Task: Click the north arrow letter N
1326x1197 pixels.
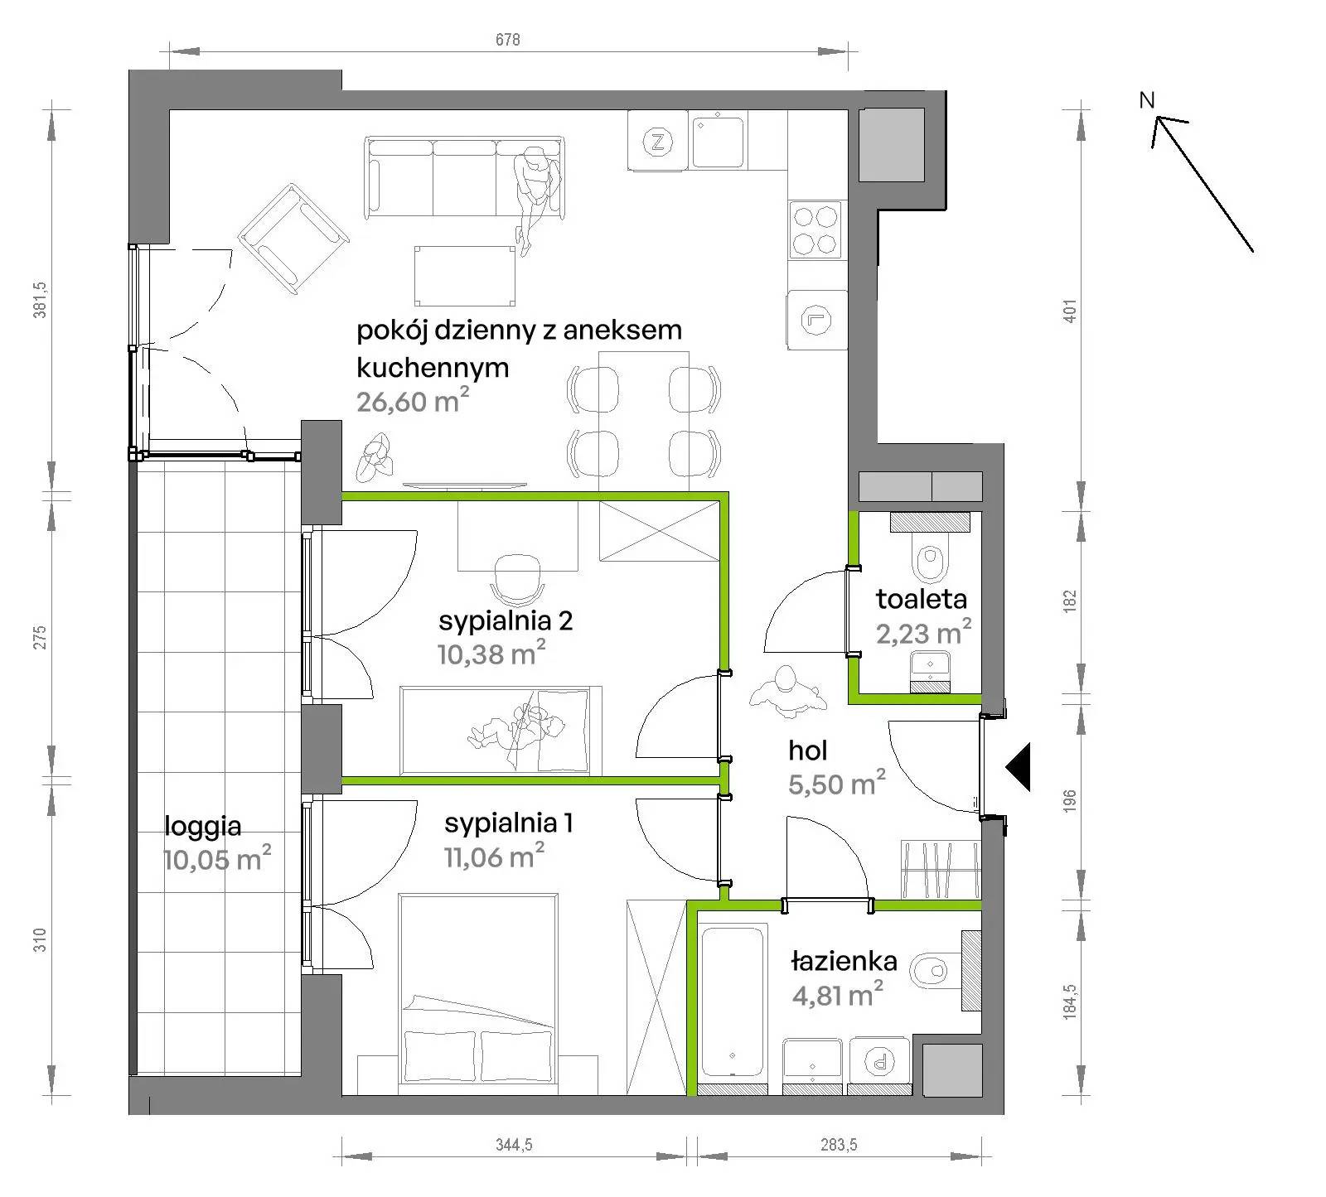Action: (x=1147, y=100)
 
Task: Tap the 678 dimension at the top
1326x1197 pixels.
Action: (x=508, y=40)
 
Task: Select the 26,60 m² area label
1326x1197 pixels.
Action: (x=413, y=401)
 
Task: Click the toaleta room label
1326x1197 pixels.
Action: (x=921, y=599)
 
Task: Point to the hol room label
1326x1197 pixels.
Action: (x=807, y=751)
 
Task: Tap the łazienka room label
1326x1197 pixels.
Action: (x=844, y=962)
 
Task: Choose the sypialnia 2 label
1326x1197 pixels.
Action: (x=506, y=620)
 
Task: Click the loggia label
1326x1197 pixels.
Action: (x=203, y=826)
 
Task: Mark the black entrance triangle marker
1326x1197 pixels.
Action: (x=1019, y=767)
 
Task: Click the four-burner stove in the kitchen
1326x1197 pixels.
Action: (x=815, y=229)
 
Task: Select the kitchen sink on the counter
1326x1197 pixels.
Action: (x=719, y=142)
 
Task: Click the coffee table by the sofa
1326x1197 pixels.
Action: (x=464, y=275)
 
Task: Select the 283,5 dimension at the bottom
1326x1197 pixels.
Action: (x=839, y=1145)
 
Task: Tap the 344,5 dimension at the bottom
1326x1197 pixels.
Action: (x=514, y=1145)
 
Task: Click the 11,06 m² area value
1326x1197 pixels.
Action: (x=494, y=856)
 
